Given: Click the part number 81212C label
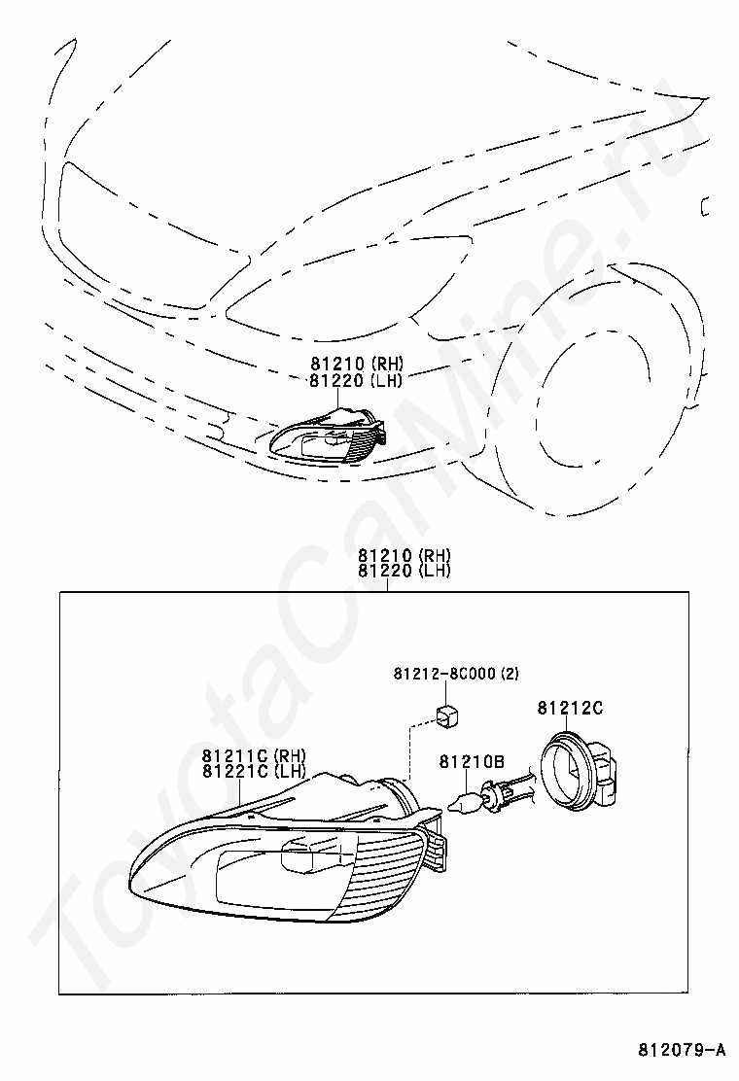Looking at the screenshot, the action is (570, 707).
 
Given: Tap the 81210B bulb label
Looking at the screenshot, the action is (473, 761).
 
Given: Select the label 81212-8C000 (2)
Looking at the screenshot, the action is (456, 673).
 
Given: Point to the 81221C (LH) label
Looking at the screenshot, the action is (255, 772).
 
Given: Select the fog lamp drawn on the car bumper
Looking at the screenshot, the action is (327, 436).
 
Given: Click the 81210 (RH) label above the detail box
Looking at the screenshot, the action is (404, 555).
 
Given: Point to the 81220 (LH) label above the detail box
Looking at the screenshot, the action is (404, 571).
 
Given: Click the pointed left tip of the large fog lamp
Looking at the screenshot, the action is (131, 885).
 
